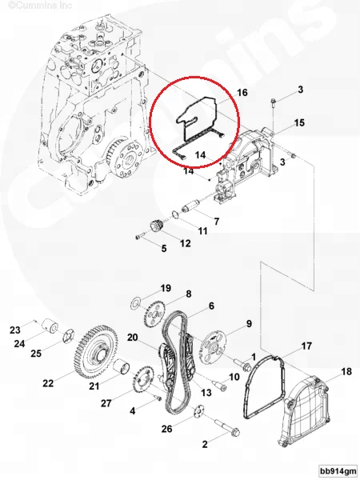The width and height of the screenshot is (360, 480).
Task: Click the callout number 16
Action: coord(242,94)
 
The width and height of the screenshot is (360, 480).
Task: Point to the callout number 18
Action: coord(346,372)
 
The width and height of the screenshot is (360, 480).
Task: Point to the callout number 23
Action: coord(14,330)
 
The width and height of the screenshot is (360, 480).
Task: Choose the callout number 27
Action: coord(106,403)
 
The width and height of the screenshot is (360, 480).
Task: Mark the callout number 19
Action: coord(166,288)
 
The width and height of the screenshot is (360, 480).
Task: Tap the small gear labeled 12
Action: coord(155,227)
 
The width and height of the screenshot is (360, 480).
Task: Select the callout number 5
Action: coord(164,249)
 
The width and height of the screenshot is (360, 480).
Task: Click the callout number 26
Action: coord(166,429)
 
